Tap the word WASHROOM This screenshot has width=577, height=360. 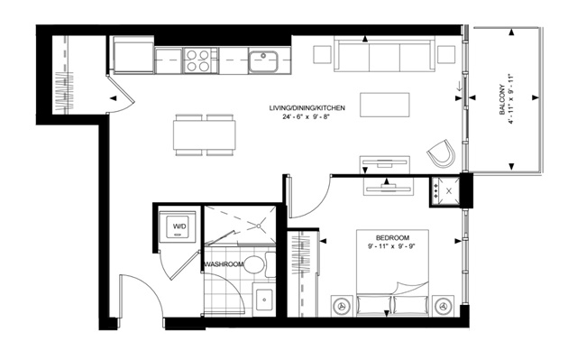coord(224,264)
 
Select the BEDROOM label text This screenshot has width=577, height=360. coord(392,238)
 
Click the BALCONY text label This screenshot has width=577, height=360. coord(502,100)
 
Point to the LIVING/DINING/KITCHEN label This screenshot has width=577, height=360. coord(307,108)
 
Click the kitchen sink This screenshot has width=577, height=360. coord(263,61)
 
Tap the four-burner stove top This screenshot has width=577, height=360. coord(197,60)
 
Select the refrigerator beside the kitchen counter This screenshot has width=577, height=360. coord(133,55)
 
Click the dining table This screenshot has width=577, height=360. coord(205,135)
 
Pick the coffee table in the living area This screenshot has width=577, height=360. coord(385,105)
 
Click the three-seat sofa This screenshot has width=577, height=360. coord(385,54)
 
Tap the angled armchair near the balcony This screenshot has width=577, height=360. coord(441,154)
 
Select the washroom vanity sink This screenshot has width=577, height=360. coord(264,300)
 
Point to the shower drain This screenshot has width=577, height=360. coord(259,226)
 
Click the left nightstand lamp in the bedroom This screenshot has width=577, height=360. coord(343,306)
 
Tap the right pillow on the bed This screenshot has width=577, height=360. coord(411,305)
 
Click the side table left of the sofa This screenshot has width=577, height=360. coord(323,54)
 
